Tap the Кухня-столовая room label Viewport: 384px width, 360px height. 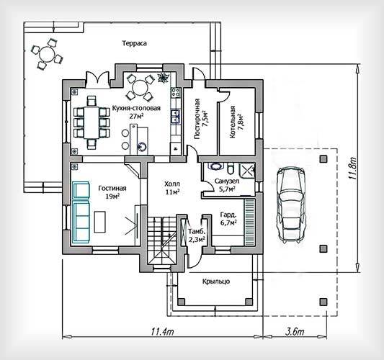[x=136, y=108]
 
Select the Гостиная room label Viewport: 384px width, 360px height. [x=112, y=188]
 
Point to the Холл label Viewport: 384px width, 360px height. [x=172, y=184]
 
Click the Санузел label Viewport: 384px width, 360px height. [x=227, y=181]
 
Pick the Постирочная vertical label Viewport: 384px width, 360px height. [x=197, y=119]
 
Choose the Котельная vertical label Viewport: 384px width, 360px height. [x=232, y=122]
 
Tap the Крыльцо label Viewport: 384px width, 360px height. [x=216, y=282]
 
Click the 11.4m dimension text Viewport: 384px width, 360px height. [x=163, y=332]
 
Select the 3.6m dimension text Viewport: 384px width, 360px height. [x=295, y=332]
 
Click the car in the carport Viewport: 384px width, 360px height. [x=291, y=205]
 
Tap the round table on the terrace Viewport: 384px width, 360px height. [x=47, y=54]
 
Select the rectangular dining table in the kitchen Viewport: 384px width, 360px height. [x=91, y=122]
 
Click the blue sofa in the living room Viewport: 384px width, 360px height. [x=81, y=212]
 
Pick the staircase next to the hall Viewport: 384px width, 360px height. [x=162, y=241]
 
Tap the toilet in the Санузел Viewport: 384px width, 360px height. [x=231, y=168]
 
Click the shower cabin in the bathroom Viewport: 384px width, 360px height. [x=247, y=169]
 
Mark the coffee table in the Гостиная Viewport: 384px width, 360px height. [x=100, y=222]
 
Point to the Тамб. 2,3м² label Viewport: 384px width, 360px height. [x=197, y=235]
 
